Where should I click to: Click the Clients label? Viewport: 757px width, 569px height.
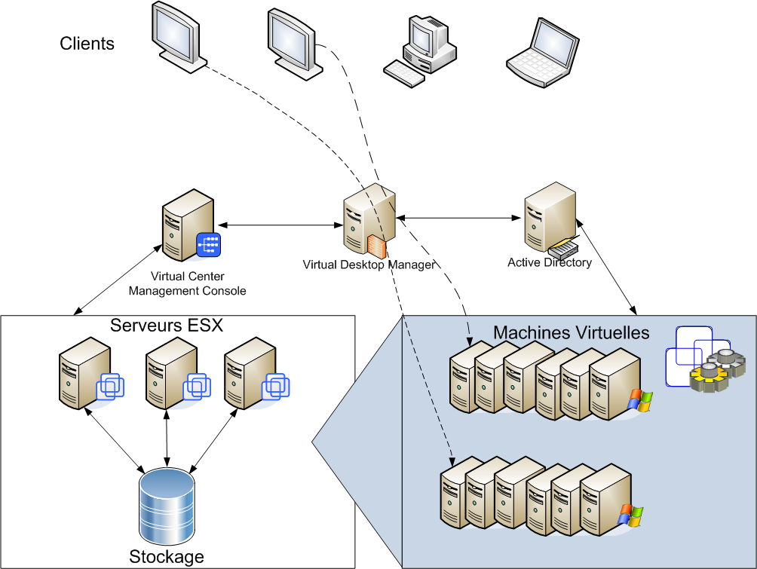tap(87, 44)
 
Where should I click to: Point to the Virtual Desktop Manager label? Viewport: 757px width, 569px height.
tap(369, 265)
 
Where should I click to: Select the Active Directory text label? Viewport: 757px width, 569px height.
tap(549, 263)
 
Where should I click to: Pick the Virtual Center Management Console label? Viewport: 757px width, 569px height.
tap(187, 283)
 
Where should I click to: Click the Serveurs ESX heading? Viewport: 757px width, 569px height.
tap(167, 326)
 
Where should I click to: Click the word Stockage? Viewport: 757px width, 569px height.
tap(167, 557)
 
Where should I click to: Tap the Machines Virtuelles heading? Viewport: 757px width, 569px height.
tap(571, 332)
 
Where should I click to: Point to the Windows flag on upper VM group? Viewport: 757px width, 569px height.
tap(640, 401)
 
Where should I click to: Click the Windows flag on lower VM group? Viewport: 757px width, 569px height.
tap(630, 515)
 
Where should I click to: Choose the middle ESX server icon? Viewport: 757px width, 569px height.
tap(167, 374)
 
